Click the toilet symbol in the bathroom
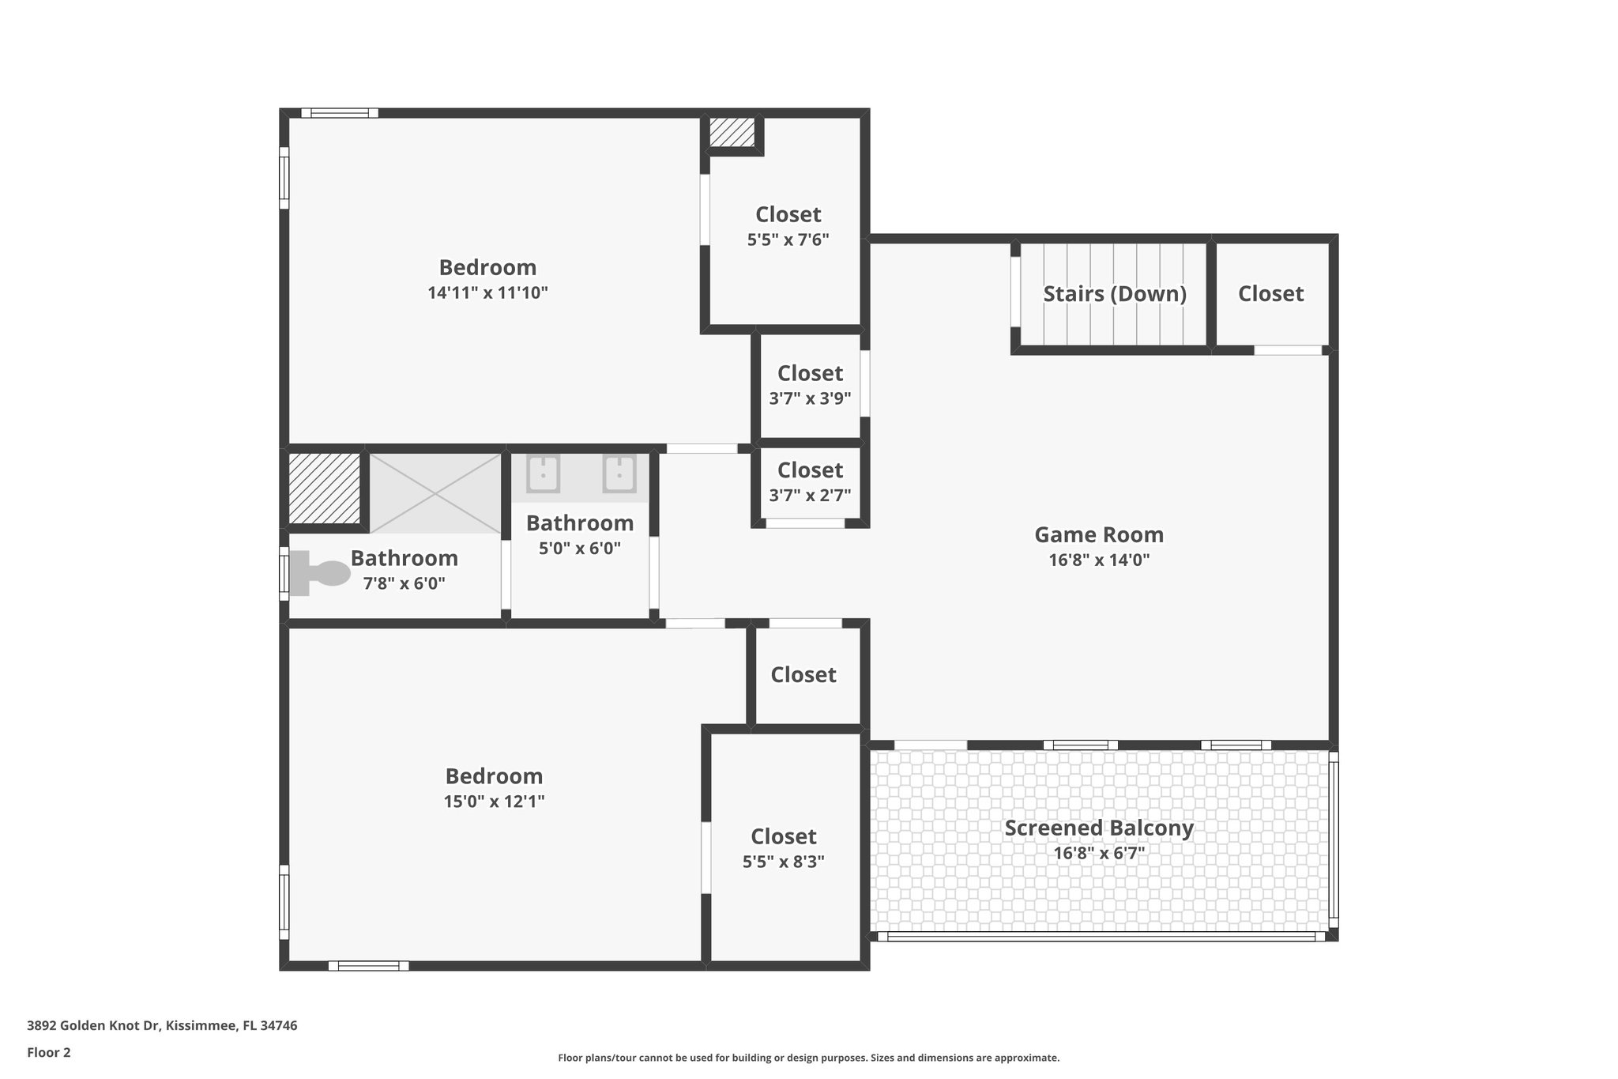pos(320,573)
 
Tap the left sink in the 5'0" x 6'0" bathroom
pos(543,473)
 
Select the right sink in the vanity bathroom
pos(619,473)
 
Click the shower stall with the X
pos(435,492)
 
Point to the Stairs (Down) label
pos(1114,294)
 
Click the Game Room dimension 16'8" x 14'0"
pos(1098,560)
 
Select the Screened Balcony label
pos(1098,828)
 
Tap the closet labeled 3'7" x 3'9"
pos(810,385)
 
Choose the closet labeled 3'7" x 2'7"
pos(810,482)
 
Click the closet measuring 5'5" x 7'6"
pos(788,226)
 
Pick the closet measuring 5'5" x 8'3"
pos(783,848)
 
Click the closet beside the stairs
pos(1270,294)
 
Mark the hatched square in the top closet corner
pos(732,132)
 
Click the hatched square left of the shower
pos(324,487)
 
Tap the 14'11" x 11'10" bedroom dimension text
pos(487,293)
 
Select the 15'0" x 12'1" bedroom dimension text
pos(494,802)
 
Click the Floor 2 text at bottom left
pos(49,1052)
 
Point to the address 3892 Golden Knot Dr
pos(162,1025)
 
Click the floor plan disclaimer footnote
pos(808,1058)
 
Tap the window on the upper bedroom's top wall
pos(340,113)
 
